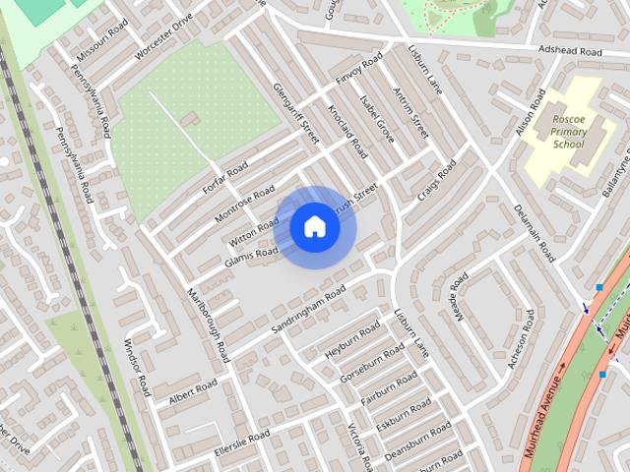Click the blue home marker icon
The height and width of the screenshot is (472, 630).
click(314, 227)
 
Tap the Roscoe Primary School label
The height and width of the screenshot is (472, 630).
click(568, 130)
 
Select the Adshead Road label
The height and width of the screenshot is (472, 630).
click(568, 50)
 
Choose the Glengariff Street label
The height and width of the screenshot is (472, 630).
click(296, 113)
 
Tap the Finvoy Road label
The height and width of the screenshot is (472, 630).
click(358, 72)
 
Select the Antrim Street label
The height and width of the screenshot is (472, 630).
click(411, 111)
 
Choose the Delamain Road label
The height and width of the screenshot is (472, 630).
click(535, 233)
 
